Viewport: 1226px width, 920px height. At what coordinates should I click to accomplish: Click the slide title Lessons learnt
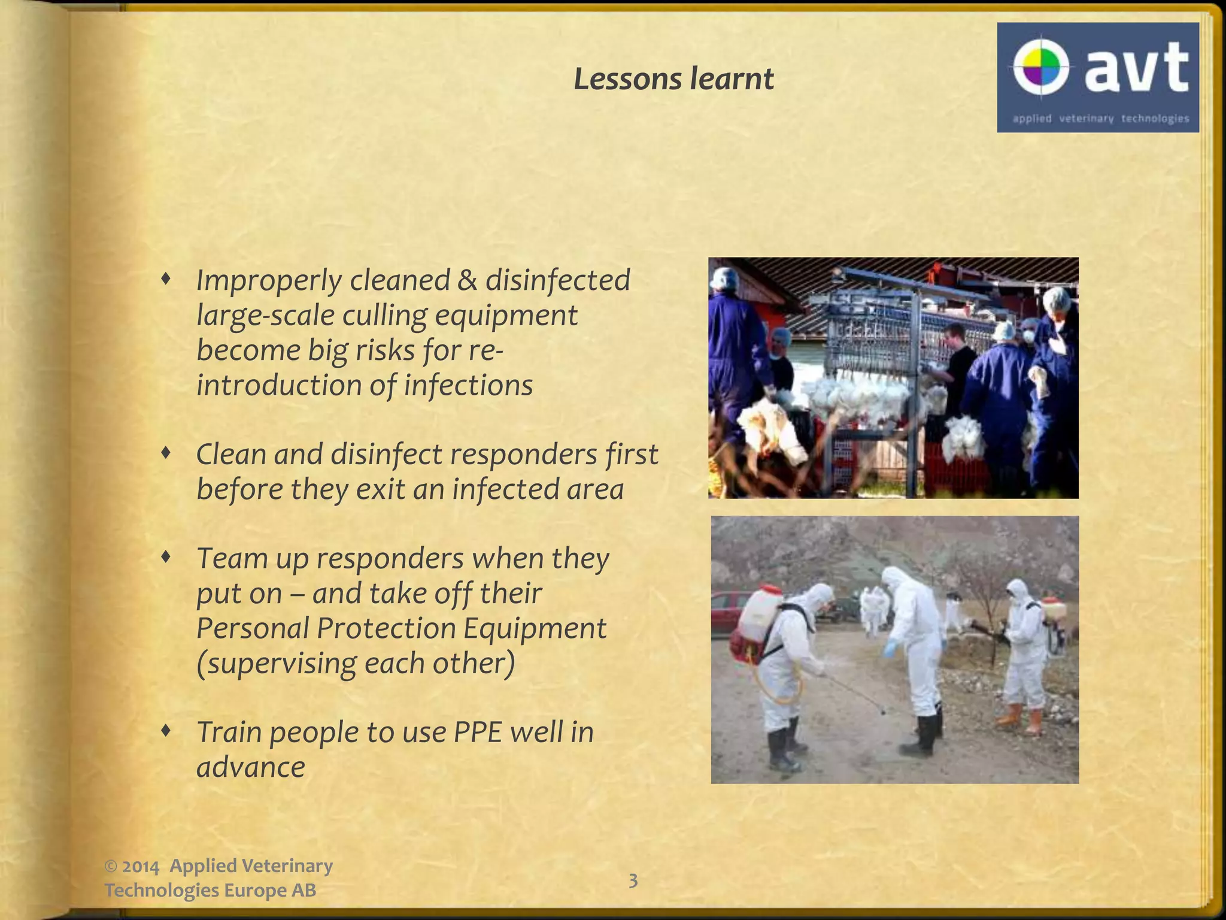673,80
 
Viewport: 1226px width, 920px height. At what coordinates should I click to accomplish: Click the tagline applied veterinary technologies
1100,119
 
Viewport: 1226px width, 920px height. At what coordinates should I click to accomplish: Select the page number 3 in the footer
633,880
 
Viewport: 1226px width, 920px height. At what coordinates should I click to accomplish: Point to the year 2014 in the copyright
141,867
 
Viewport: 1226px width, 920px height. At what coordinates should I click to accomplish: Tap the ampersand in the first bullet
467,280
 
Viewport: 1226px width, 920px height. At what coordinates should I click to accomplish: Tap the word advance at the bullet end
251,767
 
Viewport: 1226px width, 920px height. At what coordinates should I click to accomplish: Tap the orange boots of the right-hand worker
1021,719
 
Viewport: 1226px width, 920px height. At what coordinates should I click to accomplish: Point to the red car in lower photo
727,611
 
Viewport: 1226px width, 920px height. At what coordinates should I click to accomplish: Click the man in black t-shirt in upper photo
961,365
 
